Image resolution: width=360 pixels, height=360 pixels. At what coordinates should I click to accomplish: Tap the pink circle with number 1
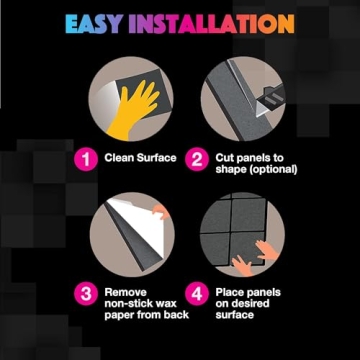click(86, 158)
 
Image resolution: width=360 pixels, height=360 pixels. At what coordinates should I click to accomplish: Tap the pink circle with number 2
click(197, 158)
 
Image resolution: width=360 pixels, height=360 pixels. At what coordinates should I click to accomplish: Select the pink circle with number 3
click(86, 292)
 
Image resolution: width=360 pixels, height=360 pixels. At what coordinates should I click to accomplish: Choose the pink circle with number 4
click(197, 293)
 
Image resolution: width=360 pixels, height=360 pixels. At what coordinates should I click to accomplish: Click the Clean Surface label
click(141, 158)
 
